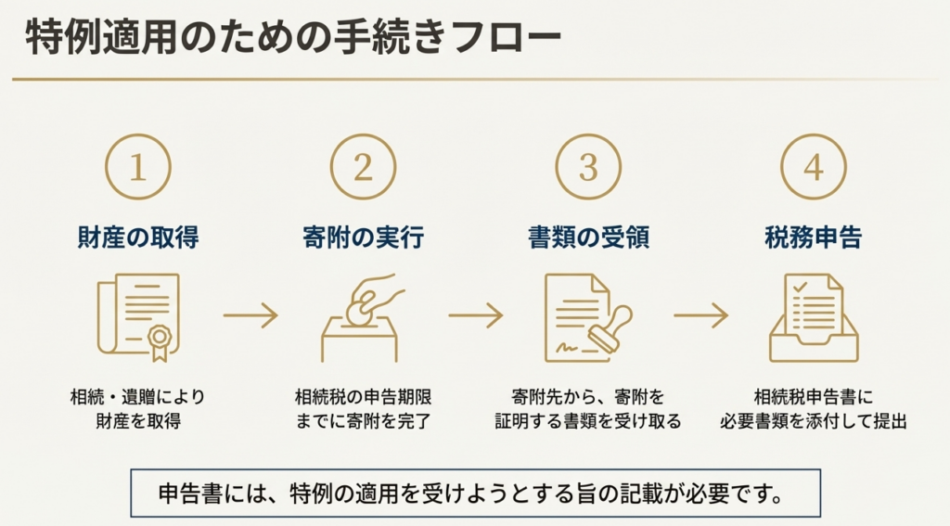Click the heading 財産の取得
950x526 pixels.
pos(137,237)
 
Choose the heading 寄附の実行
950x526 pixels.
pos(363,237)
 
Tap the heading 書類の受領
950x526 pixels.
pos(588,237)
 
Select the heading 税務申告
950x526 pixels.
pos(814,237)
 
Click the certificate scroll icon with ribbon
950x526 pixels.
pos(138,316)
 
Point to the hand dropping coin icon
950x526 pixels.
pos(362,316)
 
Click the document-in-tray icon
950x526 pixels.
pos(814,316)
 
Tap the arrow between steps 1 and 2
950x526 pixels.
pos(250,315)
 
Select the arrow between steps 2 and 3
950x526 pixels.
pos(475,315)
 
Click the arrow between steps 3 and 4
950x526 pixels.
pos(700,315)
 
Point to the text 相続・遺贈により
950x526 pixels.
pos(137,397)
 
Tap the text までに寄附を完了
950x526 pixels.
pos(363,420)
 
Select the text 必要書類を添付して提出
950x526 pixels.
pos(814,420)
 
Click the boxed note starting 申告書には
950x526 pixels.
pos(476,493)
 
